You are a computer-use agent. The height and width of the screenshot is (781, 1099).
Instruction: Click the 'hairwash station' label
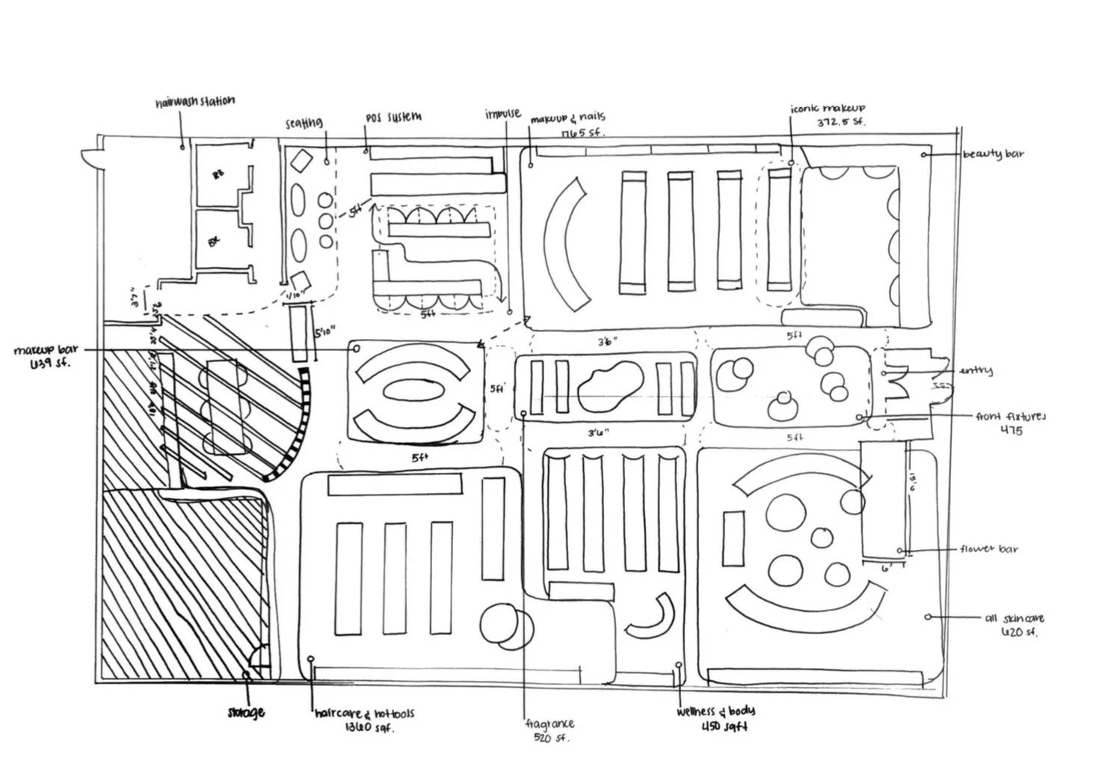194,102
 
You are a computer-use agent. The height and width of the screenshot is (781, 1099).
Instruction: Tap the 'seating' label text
304,123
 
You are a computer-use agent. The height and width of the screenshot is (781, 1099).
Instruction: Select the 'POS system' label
393,117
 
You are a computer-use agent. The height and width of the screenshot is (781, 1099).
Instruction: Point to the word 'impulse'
502,114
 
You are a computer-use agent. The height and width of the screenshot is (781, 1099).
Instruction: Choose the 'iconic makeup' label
828,109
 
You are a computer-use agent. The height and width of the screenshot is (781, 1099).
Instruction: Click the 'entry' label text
975,370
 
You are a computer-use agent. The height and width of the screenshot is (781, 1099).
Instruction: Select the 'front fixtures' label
1011,416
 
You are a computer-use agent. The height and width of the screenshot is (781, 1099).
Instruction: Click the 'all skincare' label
1014,618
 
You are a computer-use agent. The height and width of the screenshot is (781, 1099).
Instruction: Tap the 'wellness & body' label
715,711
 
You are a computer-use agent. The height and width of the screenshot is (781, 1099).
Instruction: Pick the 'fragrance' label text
549,723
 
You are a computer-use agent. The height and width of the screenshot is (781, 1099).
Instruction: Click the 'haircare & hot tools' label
364,714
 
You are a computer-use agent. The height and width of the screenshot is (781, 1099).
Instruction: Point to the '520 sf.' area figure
551,738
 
